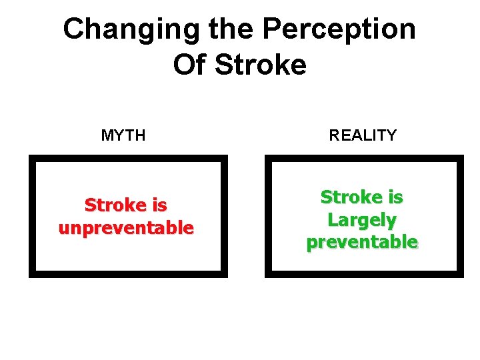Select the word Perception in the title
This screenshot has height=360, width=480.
(x=339, y=30)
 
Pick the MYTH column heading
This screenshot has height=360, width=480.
(x=123, y=136)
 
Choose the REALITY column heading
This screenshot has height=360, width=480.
(x=363, y=136)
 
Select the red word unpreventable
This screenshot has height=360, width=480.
(x=126, y=228)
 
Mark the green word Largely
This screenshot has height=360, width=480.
(x=362, y=220)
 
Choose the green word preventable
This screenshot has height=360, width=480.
(x=362, y=242)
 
